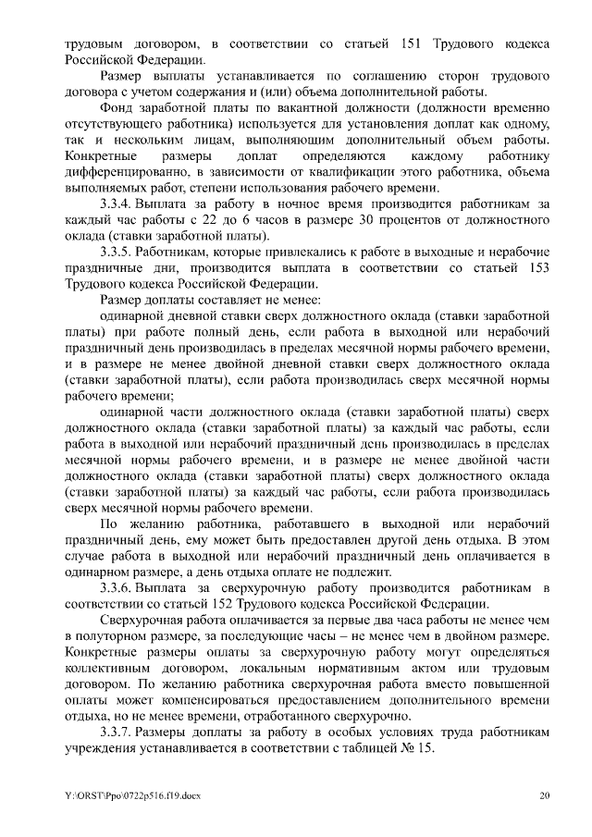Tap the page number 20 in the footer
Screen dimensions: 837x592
click(545, 796)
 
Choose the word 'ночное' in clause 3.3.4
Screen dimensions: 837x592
click(277, 203)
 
